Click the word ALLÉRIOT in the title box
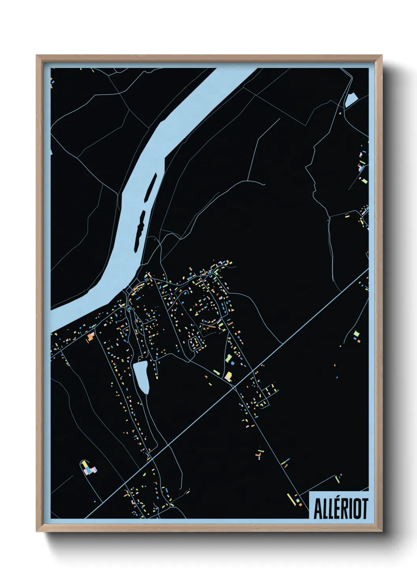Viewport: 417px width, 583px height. point(341,509)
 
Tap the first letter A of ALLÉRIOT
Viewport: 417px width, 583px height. point(317,509)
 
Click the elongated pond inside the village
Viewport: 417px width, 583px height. point(141,376)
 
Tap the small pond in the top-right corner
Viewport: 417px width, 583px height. point(350,100)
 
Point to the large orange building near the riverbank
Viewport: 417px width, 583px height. point(91,337)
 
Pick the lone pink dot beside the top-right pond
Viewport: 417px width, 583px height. point(340,112)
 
